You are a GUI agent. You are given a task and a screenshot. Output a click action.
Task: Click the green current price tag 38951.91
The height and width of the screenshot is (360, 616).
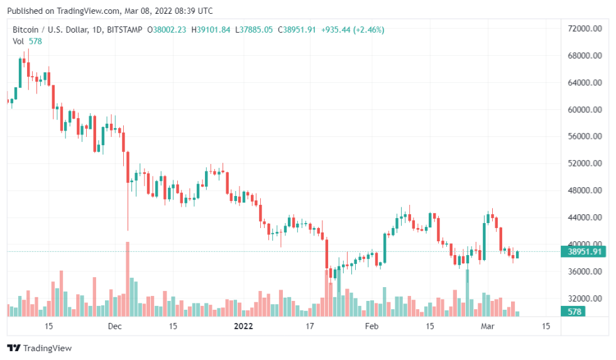(x=585, y=252)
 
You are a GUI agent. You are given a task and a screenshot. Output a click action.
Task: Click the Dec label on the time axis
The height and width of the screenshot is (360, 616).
(x=114, y=327)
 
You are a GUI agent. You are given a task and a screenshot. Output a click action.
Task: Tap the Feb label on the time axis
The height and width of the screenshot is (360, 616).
(x=371, y=327)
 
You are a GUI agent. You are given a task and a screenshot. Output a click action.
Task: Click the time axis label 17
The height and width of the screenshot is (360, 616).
(x=309, y=327)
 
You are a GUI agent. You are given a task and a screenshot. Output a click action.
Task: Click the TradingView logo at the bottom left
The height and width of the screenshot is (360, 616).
(x=39, y=348)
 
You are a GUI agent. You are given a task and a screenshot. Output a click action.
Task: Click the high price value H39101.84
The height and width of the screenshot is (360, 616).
(x=211, y=30)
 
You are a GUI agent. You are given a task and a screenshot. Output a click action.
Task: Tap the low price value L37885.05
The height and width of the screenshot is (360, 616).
(x=254, y=30)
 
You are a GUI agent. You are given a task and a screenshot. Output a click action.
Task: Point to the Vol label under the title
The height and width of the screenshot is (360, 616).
(x=18, y=41)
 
